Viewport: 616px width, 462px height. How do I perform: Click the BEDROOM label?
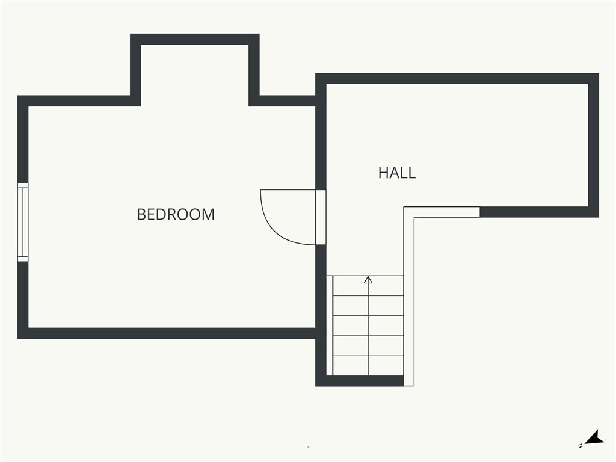[x=176, y=215]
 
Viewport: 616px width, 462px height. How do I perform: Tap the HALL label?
[x=397, y=173]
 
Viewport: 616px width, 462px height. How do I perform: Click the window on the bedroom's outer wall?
[x=23, y=222]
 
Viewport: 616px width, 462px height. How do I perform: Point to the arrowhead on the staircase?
[x=368, y=280]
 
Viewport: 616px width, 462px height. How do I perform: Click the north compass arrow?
[x=595, y=438]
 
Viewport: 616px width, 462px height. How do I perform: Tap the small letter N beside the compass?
[x=581, y=446]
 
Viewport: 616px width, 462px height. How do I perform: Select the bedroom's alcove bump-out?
[x=195, y=70]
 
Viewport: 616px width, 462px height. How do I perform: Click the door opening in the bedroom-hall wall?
[x=321, y=217]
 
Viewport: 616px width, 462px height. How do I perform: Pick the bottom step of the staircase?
[x=368, y=365]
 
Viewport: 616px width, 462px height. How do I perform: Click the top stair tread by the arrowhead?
[x=368, y=286]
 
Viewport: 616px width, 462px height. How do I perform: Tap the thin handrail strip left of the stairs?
[x=330, y=325]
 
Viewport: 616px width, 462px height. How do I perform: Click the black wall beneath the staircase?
[x=360, y=381]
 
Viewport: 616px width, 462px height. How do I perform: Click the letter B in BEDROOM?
[x=141, y=215]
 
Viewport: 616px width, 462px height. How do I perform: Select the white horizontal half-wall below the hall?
[x=442, y=212]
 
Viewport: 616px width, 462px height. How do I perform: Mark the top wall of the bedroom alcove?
[x=195, y=39]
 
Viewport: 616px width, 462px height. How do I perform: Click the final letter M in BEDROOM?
[x=208, y=215]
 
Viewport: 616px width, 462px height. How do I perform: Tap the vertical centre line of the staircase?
[x=368, y=325]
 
